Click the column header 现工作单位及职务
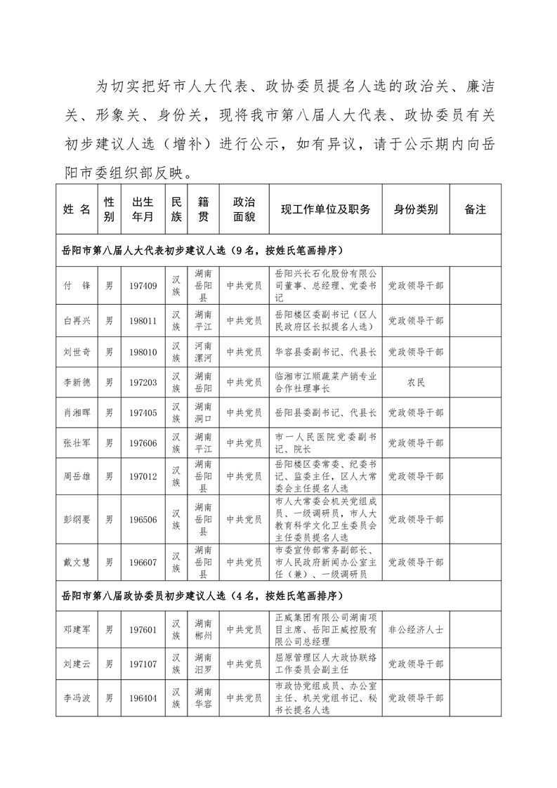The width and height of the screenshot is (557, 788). [x=325, y=209]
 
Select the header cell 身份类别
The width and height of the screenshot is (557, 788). [x=415, y=209]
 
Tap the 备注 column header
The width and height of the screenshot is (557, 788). [x=476, y=209]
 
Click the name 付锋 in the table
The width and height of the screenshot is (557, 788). [x=77, y=286]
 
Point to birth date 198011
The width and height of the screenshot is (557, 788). [x=143, y=320]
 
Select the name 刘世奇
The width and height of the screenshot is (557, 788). [x=77, y=351]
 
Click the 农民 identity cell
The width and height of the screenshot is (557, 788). [x=415, y=382]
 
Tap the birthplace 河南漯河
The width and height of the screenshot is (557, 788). [x=204, y=351]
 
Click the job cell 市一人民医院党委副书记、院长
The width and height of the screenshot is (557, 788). [x=325, y=443]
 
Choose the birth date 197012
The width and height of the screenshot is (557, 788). [x=143, y=476]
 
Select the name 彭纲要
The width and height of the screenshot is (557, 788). [x=77, y=519]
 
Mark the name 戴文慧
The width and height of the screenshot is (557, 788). [x=77, y=562]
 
